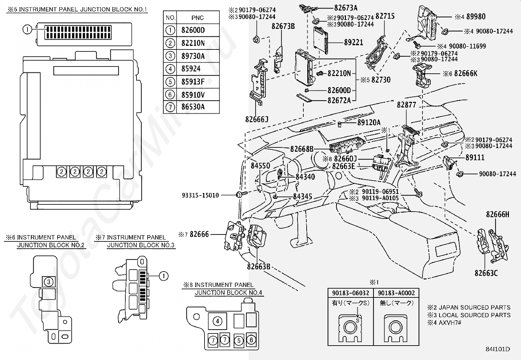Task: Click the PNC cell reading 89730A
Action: tap(193, 56)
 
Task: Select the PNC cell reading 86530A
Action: tap(193, 107)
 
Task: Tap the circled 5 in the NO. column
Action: tap(170, 82)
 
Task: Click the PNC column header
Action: tap(197, 18)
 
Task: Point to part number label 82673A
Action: tap(346, 8)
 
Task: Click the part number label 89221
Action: tap(353, 42)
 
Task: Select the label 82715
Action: tap(385, 16)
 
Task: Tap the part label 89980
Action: tap(476, 17)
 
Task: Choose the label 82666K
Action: tap(466, 74)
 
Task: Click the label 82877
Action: tap(406, 105)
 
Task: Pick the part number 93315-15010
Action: tap(200, 195)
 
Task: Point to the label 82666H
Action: tap(497, 215)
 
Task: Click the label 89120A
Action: tap(369, 123)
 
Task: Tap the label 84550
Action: tap(260, 166)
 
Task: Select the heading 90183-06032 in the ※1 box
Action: tap(350, 293)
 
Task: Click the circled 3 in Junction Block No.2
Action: tap(49, 282)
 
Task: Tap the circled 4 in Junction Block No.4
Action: tap(217, 321)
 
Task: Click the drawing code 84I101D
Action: tap(497, 349)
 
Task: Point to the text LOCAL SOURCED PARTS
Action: tap(475, 315)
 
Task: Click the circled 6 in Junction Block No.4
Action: tap(251, 340)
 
